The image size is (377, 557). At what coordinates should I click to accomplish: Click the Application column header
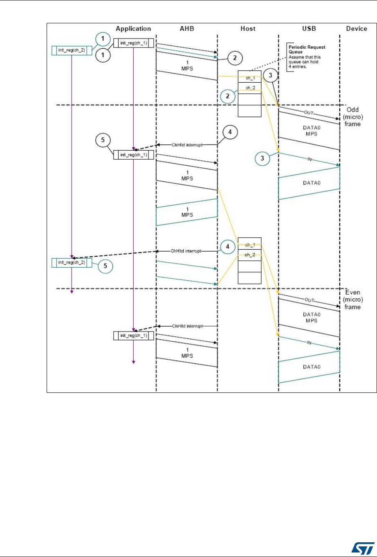pos(133,29)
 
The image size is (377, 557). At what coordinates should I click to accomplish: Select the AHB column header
pos(186,29)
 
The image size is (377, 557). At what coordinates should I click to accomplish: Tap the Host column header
pos(248,29)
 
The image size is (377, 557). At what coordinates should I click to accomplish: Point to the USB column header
pos(309,29)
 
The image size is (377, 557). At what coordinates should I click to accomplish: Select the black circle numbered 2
pos(234,58)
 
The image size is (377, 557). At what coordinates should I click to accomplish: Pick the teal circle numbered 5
pos(105,266)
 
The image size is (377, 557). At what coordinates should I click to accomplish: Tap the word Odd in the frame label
pos(352,111)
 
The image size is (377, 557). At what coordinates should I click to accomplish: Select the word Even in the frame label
pos(353,293)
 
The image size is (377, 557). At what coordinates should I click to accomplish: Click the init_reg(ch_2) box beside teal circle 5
pos(72,262)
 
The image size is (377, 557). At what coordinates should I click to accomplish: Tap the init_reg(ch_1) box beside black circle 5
pos(133,155)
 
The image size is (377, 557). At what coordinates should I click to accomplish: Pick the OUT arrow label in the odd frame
pos(310,112)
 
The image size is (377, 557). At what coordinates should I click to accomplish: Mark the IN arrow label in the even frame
pos(310,341)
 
